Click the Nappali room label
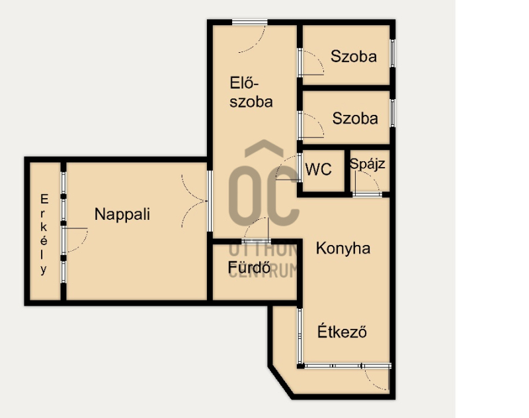click(122, 215)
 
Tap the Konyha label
click(343, 248)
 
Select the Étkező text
click(342, 331)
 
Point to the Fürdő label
click(249, 267)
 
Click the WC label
click(318, 170)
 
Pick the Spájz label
click(368, 164)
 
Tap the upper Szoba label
click(354, 56)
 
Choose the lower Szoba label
click(355, 119)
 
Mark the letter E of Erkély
click(44, 199)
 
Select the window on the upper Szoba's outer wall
click(393, 53)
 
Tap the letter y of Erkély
click(44, 269)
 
